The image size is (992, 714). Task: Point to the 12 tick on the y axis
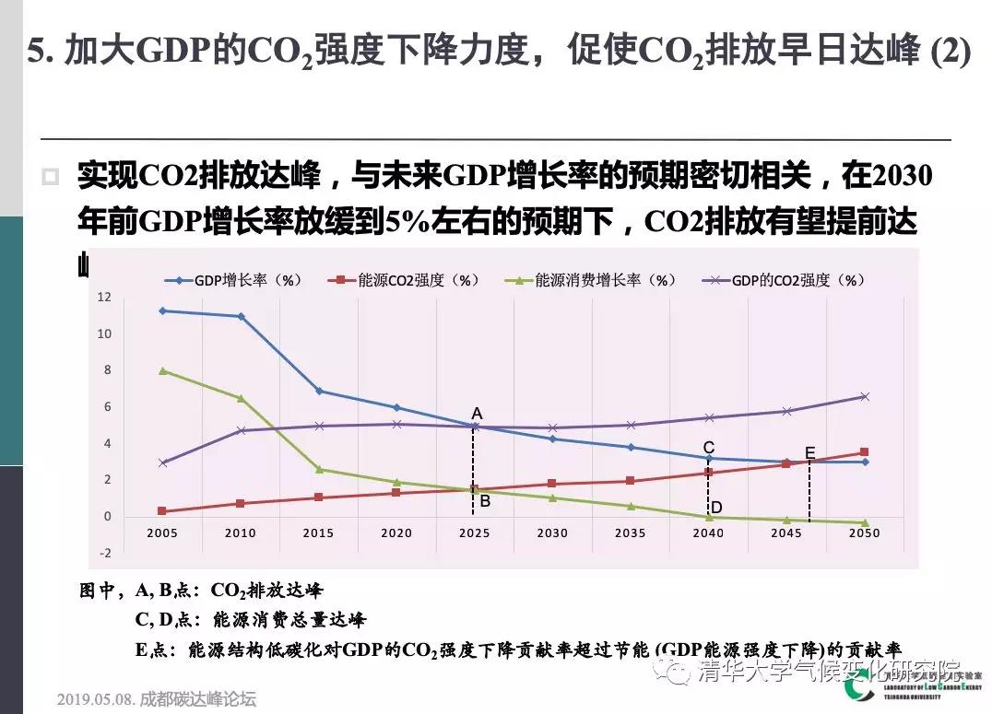pyautogui.click(x=104, y=298)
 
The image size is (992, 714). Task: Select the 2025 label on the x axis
pyautogui.click(x=474, y=533)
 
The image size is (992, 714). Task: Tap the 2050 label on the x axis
pyautogui.click(x=864, y=533)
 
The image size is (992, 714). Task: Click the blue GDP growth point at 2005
pyautogui.click(x=162, y=310)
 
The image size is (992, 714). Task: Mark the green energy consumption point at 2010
pyautogui.click(x=241, y=398)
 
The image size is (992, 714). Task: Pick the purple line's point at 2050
pyautogui.click(x=864, y=396)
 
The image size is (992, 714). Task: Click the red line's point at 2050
pyautogui.click(x=864, y=451)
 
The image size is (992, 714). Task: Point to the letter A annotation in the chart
pyautogui.click(x=477, y=415)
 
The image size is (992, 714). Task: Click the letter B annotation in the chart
pyautogui.click(x=485, y=502)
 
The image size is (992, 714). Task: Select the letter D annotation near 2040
pyautogui.click(x=715, y=507)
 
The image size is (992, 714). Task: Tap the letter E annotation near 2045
pyautogui.click(x=810, y=452)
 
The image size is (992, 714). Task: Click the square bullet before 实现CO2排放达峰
pyautogui.click(x=52, y=177)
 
